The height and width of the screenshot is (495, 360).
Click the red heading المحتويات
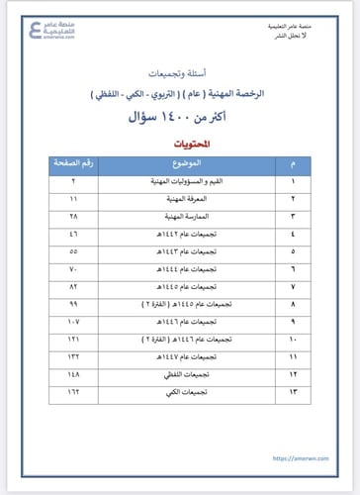point(181,144)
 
